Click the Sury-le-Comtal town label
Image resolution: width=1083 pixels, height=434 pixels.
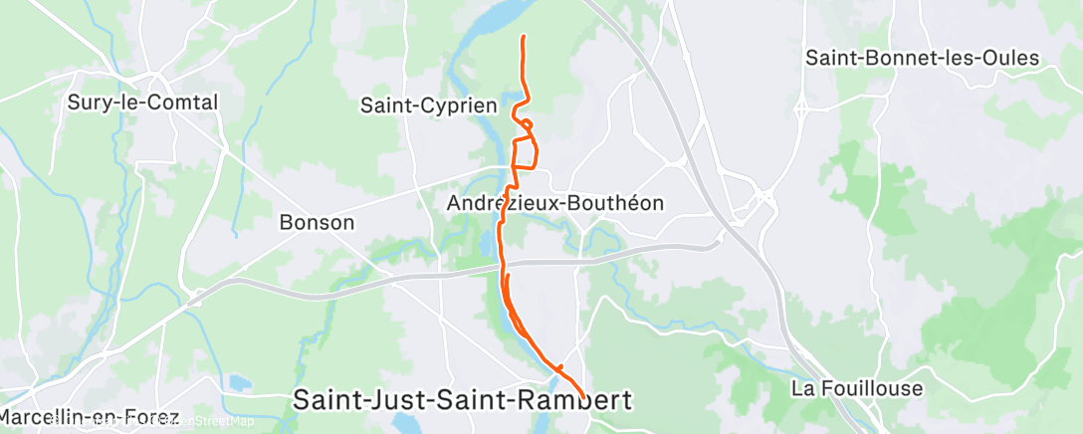141,102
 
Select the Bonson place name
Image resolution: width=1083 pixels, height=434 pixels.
317,222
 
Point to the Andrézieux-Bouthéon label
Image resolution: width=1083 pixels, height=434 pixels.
555,202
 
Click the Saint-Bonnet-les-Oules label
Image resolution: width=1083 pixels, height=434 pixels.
922,58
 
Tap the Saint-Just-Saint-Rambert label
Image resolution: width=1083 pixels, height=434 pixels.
463,400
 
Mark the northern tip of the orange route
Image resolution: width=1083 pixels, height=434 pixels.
524,37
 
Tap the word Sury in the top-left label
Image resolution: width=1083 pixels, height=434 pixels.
88,102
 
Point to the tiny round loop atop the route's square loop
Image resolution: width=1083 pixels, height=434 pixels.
528,124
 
